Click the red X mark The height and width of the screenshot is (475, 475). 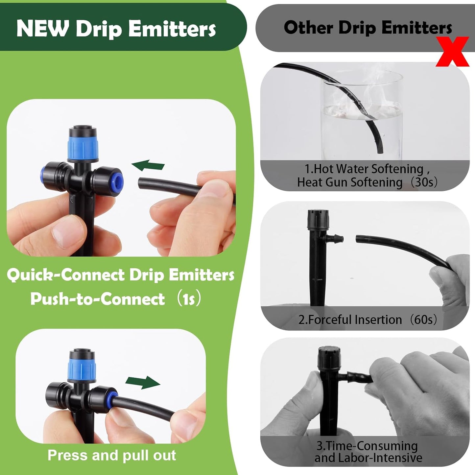[x=452, y=52]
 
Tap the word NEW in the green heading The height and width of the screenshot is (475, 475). [x=42, y=29]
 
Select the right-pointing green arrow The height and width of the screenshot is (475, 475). [x=143, y=382]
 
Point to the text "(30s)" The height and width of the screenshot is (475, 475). [x=424, y=182]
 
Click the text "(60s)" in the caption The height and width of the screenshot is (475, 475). [x=423, y=320]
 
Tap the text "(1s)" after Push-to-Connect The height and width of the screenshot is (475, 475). [x=188, y=299]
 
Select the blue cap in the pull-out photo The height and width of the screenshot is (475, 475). [x=82, y=368]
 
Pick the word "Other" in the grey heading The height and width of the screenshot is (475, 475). [x=308, y=28]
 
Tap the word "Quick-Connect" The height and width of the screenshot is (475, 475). [x=65, y=275]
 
